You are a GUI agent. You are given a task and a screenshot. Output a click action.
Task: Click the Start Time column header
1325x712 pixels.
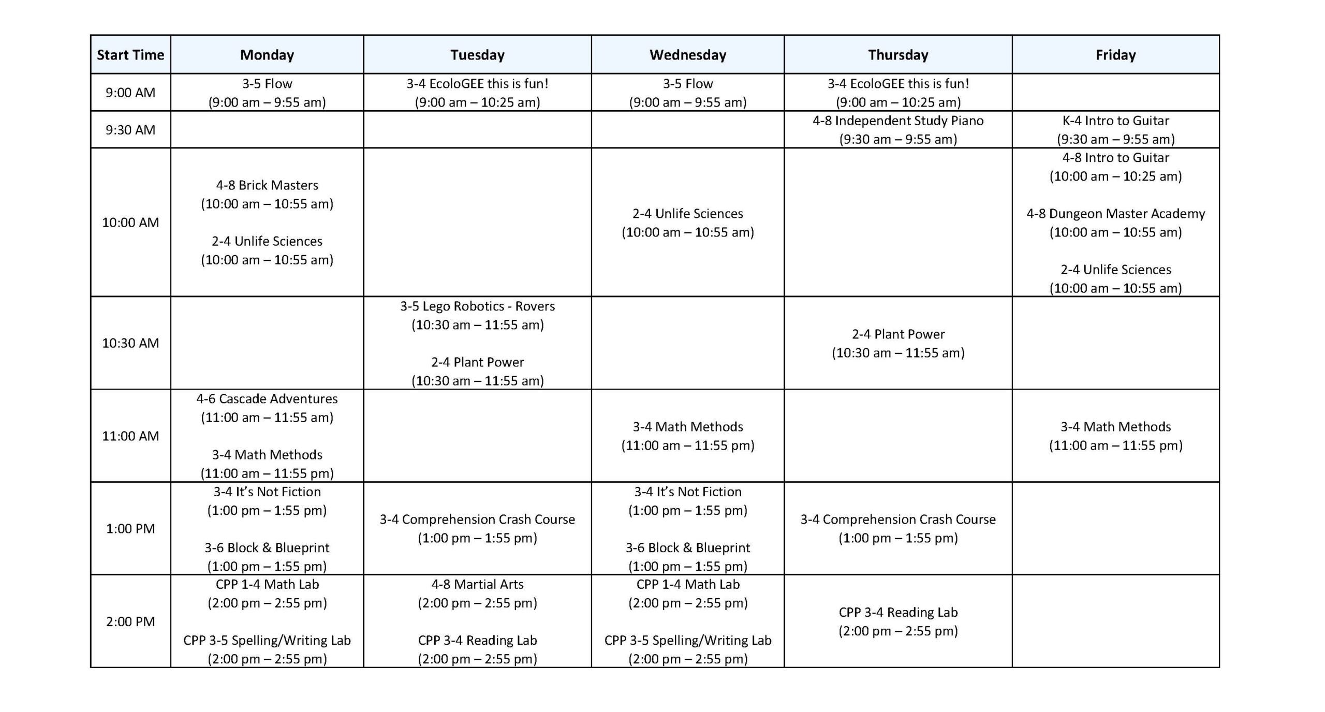click(130, 55)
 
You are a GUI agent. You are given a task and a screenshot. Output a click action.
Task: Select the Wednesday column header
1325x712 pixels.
click(687, 55)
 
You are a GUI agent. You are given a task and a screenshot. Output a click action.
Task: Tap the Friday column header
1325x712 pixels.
click(1115, 55)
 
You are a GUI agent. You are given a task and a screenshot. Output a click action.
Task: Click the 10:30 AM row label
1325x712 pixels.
click(130, 343)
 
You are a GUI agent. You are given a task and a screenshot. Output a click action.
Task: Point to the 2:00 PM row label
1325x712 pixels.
click(130, 621)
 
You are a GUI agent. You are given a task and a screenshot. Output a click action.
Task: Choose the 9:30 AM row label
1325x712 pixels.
click(130, 130)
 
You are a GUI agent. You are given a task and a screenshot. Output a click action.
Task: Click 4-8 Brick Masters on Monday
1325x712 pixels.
click(267, 185)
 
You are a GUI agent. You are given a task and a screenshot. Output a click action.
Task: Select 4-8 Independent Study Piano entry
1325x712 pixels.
click(898, 121)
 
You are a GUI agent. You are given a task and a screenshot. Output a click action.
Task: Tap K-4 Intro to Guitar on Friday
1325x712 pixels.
click(1115, 121)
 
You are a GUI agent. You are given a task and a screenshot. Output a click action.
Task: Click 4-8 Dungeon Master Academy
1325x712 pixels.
click(1115, 214)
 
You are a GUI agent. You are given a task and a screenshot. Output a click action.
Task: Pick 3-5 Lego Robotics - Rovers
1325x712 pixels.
click(477, 306)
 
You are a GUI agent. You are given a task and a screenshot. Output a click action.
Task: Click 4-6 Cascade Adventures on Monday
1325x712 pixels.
click(267, 399)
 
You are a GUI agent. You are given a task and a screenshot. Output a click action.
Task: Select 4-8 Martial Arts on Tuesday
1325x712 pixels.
click(477, 585)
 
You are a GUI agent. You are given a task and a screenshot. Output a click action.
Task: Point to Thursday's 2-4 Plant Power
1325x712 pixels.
click(898, 334)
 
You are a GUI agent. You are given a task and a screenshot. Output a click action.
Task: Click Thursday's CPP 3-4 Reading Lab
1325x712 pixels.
click(898, 613)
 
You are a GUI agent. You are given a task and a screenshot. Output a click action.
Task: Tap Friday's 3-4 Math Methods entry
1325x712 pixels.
click(1115, 427)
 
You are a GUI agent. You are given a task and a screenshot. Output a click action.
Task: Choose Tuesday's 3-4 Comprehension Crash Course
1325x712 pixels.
click(477, 520)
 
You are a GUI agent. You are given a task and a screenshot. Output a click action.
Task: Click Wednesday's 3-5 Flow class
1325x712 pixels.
click(687, 84)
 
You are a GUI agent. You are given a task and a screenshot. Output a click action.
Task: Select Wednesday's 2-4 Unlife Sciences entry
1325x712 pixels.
click(687, 214)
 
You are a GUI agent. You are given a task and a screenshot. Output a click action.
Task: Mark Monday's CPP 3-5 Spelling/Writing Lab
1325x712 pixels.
click(267, 641)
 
